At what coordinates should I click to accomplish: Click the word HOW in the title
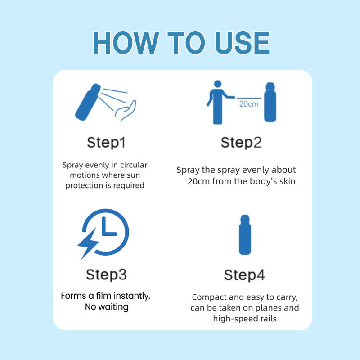pyautogui.click(x=126, y=43)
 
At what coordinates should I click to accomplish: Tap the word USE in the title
pyautogui.click(x=242, y=43)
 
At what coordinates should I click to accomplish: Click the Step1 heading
pyautogui.click(x=106, y=143)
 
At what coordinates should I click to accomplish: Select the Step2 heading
pyautogui.click(x=241, y=143)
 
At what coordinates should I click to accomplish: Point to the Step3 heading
pyautogui.click(x=106, y=274)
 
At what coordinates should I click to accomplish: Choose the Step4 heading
pyautogui.click(x=244, y=275)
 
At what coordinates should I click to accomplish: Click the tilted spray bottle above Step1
pyautogui.click(x=88, y=102)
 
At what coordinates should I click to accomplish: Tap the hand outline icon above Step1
pyautogui.click(x=126, y=111)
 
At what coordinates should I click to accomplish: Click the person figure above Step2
pyautogui.click(x=220, y=102)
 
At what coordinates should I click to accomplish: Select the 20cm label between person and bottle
pyautogui.click(x=249, y=104)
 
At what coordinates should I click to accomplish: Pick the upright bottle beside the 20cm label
pyautogui.click(x=270, y=102)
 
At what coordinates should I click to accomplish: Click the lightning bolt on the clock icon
pyautogui.click(x=88, y=244)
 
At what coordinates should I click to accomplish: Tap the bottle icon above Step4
pyautogui.click(x=245, y=234)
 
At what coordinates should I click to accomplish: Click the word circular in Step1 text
pyautogui.click(x=134, y=165)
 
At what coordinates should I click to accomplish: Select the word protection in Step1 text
pyautogui.click(x=84, y=185)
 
